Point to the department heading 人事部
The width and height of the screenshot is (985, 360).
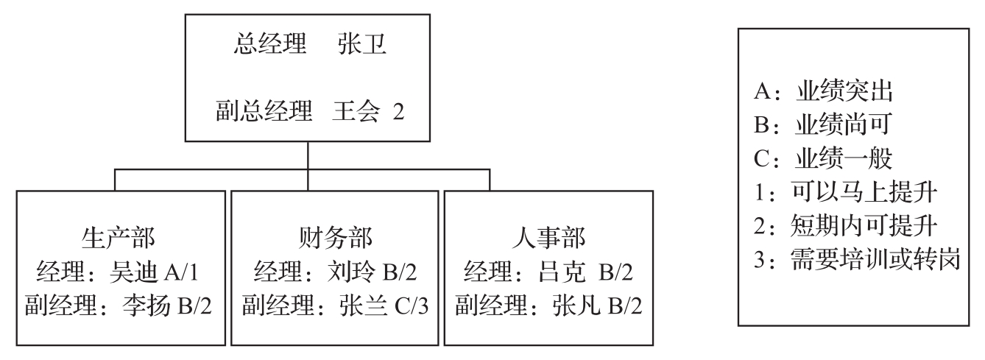pyautogui.click(x=548, y=239)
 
